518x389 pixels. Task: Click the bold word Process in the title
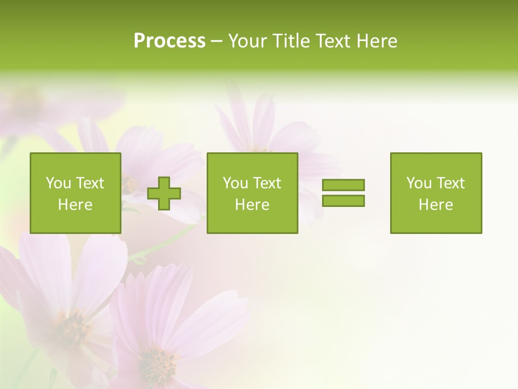coord(169,41)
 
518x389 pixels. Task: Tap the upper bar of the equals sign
coord(343,185)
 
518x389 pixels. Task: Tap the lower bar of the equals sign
coord(343,200)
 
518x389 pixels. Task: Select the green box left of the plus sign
coord(76,193)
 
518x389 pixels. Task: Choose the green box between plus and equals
coord(252,193)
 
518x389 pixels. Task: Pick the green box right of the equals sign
coord(436,193)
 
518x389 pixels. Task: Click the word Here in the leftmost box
coord(75,205)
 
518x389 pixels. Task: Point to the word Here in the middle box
coord(252,205)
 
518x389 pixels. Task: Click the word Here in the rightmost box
coord(435,205)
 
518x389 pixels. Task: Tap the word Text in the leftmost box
coord(90,183)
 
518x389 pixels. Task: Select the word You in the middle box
coord(235,183)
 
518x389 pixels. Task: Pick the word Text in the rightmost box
coord(450,183)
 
